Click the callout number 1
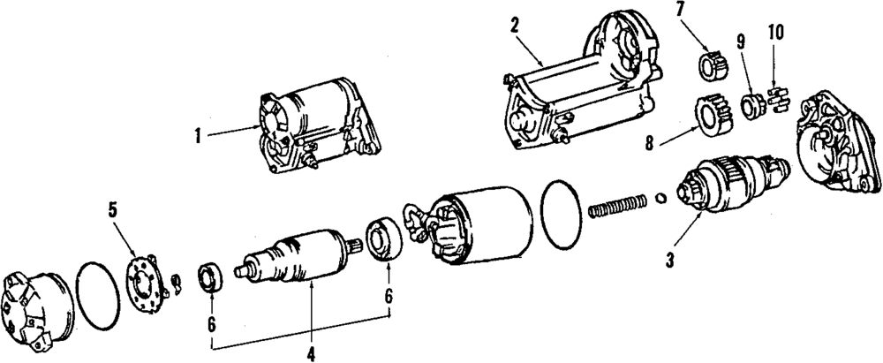click(x=200, y=136)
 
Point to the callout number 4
click(x=311, y=354)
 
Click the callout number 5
click(x=112, y=210)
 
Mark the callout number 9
click(x=740, y=41)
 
